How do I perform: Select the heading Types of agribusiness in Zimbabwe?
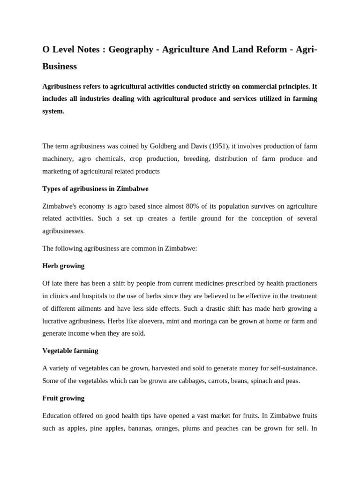click(95, 188)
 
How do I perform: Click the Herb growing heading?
click(63, 266)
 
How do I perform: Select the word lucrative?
click(57, 321)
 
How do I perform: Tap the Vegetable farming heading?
click(70, 351)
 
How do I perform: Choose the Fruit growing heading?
click(63, 398)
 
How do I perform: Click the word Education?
click(58, 416)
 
